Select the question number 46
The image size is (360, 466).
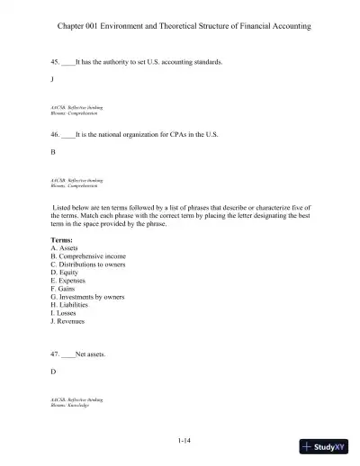(56, 134)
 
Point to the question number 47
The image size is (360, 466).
(56, 354)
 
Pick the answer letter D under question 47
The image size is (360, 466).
(54, 372)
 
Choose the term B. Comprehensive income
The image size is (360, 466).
(88, 256)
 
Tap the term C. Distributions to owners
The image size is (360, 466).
(88, 264)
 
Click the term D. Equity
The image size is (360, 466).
(66, 273)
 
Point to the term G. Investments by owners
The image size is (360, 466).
(87, 297)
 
